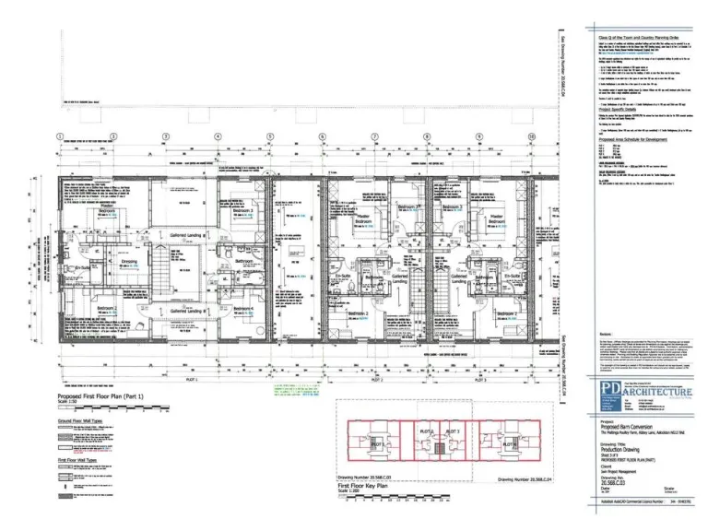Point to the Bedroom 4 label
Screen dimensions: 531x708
[244, 308]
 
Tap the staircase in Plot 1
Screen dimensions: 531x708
[160, 273]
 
